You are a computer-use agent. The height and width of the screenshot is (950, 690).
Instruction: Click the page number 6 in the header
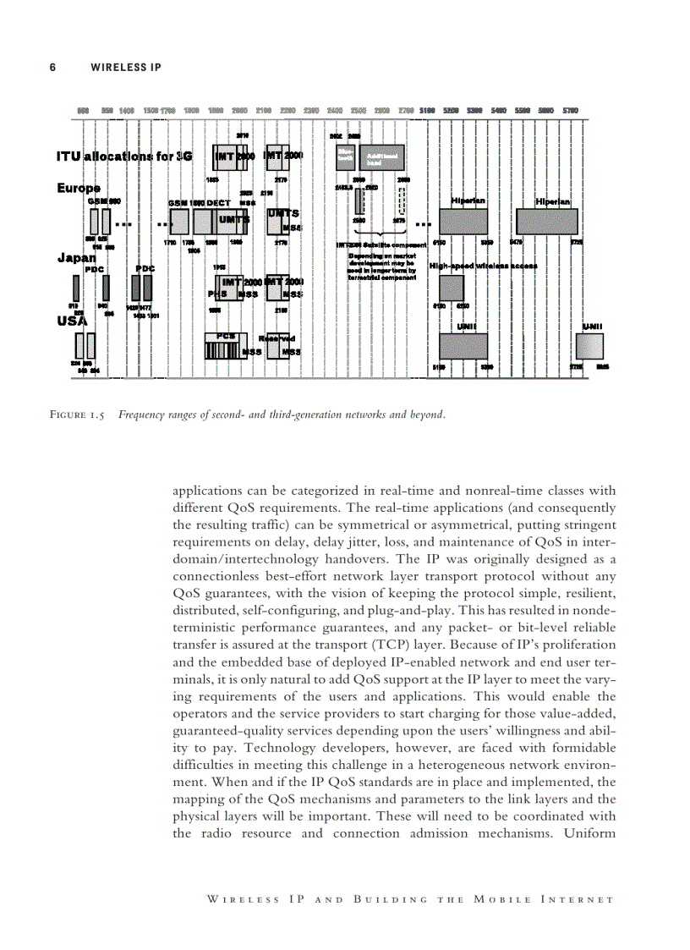[x=52, y=67]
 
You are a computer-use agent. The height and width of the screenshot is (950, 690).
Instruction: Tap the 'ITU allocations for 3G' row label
[x=124, y=156]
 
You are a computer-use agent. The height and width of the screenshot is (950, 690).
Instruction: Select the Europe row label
[x=79, y=188]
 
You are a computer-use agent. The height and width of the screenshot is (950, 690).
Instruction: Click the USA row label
[x=72, y=321]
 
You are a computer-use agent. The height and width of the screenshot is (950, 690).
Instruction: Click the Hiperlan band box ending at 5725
[x=546, y=222]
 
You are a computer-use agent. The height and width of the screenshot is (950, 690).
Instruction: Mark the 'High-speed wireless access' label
[x=483, y=266]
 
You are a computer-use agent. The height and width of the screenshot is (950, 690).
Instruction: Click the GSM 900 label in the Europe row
[x=104, y=201]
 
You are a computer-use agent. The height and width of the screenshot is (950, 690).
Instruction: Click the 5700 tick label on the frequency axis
[x=570, y=111]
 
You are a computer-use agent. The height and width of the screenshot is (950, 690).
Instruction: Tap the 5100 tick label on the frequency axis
[x=428, y=111]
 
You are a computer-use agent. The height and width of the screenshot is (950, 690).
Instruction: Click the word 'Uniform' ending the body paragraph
[x=590, y=833]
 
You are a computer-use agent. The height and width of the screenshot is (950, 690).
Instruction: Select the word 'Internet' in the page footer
[x=576, y=898]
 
